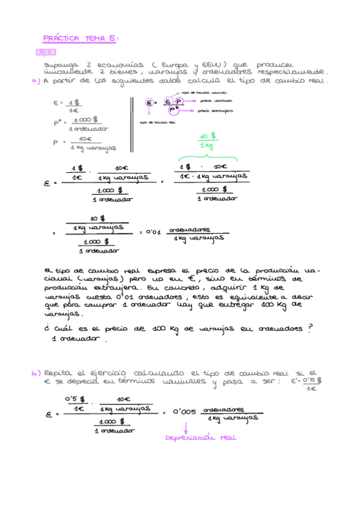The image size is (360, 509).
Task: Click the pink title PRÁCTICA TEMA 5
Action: point(80,39)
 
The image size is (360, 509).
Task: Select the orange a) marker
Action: point(35,81)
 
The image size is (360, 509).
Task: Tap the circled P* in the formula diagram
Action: point(174,110)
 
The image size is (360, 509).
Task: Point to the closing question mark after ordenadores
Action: point(310,327)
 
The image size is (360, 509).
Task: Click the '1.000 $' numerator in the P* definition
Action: point(86,119)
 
